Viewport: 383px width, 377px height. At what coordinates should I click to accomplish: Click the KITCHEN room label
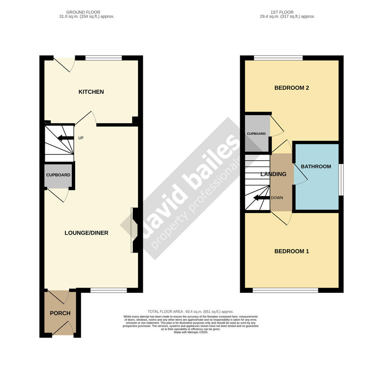point(91,92)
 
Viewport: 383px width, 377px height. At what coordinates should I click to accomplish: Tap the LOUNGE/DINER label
point(86,233)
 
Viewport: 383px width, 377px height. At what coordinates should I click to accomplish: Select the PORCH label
point(60,313)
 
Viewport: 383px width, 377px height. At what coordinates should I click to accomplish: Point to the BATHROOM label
point(316,166)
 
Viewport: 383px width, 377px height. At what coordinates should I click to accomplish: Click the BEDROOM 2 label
point(292,88)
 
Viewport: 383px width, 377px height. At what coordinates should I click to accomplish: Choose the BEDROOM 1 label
point(292,251)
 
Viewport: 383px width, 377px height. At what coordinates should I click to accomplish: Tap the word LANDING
point(273,174)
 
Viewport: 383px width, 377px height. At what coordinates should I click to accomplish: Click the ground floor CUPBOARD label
point(58,175)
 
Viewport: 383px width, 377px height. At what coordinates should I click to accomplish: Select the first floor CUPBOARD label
point(256,134)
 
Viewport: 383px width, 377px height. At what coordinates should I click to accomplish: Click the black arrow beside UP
point(65,138)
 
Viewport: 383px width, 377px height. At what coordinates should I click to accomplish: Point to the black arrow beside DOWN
point(261,198)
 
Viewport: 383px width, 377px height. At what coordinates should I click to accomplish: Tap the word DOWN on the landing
point(277,198)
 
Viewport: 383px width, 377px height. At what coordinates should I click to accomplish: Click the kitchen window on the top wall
point(104,58)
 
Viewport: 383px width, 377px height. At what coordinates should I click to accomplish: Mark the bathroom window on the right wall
point(341,179)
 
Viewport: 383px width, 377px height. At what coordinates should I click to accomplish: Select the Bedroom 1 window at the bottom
point(285,290)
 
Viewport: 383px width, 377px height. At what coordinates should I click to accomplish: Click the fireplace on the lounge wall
point(135,230)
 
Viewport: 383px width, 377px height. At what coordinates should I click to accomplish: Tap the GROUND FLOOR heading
point(83,12)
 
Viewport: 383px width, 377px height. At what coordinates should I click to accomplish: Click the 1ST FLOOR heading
point(282,12)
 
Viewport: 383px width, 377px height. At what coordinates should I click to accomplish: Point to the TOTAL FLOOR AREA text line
point(190,312)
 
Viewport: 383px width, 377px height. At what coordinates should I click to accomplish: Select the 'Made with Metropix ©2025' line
point(190,332)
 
